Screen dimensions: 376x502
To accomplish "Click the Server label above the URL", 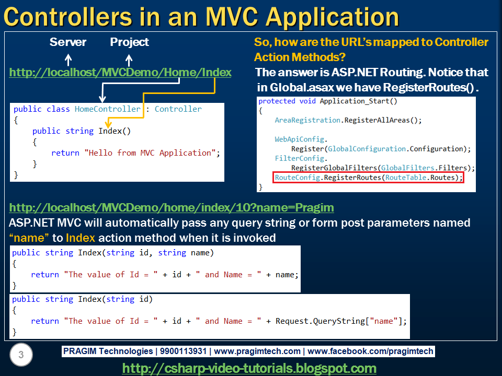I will click(x=68, y=42).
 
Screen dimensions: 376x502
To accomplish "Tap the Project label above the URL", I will click(x=129, y=42).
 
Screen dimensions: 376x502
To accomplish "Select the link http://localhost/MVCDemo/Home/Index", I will click(x=120, y=73).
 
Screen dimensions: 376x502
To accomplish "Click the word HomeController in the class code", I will click(x=107, y=109).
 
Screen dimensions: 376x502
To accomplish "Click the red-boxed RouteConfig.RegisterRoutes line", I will click(x=369, y=178).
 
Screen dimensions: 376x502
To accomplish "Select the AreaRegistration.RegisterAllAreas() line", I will click(x=348, y=120).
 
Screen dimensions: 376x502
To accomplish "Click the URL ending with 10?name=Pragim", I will click(x=172, y=208).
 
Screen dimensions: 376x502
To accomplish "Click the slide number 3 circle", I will click(x=21, y=356).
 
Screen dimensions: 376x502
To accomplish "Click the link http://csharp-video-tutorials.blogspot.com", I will click(x=249, y=368).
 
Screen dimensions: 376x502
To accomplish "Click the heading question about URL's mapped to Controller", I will click(x=371, y=49).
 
